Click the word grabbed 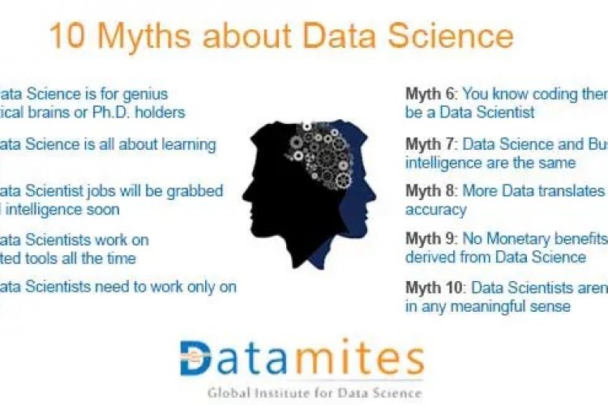(x=198, y=191)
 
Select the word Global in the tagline (x=229, y=393)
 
